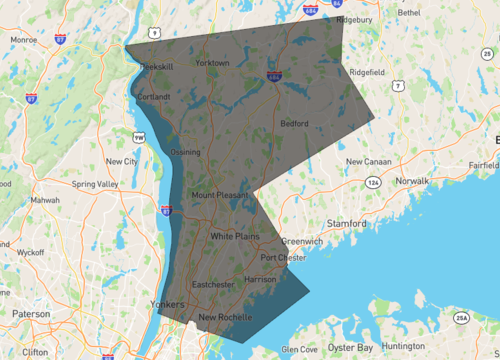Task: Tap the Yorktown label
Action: click(212, 63)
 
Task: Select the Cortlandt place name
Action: click(153, 97)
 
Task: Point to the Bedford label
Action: click(294, 124)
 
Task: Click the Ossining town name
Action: click(185, 152)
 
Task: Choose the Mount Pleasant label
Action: click(217, 195)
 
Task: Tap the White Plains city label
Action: click(235, 236)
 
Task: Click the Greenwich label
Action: click(301, 241)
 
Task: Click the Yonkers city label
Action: click(166, 303)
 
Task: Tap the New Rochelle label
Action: click(225, 318)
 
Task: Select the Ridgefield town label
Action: click(367, 72)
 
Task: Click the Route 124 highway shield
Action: click(373, 183)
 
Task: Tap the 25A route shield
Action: click(462, 318)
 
